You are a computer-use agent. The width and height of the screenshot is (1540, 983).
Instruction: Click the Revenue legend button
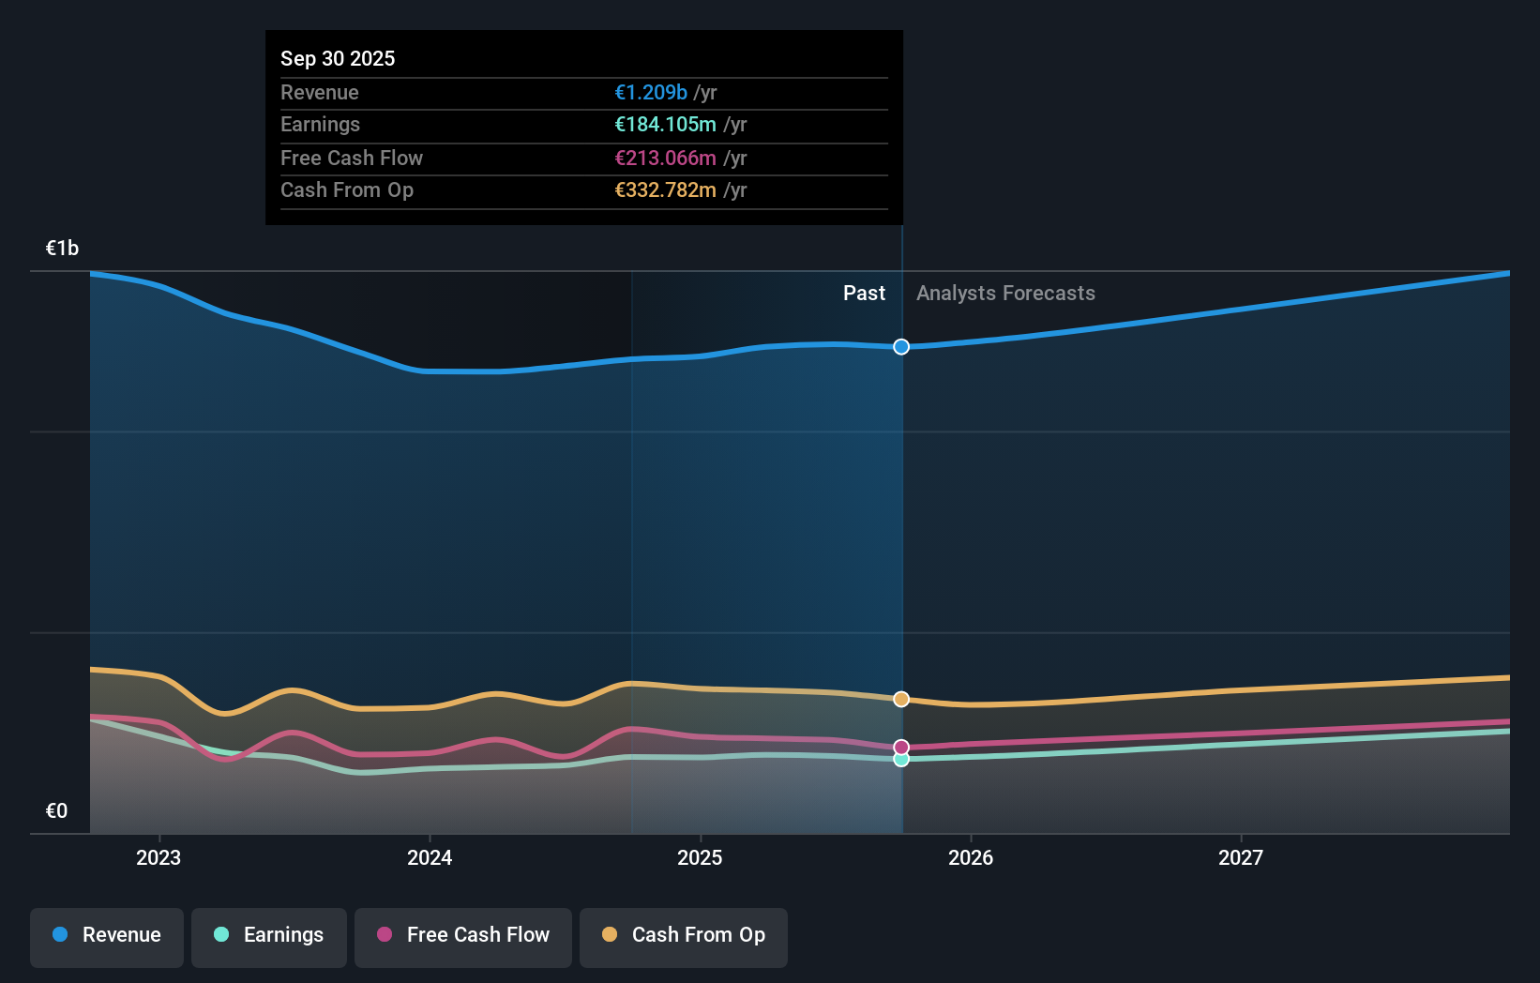107,936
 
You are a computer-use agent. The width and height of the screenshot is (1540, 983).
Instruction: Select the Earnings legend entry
269,936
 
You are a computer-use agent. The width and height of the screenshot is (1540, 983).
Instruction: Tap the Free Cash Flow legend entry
463,936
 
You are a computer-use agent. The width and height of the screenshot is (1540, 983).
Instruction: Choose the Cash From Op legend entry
684,936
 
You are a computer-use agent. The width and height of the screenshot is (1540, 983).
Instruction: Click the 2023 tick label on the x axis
159,858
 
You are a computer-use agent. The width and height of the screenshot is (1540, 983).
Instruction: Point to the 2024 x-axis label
430,858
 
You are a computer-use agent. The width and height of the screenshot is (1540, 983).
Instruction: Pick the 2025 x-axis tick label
700,858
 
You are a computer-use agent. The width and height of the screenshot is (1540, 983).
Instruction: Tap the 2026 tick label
971,858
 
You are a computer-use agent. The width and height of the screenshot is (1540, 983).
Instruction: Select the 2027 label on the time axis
1241,858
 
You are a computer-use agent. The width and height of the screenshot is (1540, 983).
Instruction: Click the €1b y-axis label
62,249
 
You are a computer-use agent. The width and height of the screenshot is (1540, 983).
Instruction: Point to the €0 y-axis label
56,811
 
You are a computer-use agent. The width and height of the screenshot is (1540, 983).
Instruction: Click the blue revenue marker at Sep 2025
901,347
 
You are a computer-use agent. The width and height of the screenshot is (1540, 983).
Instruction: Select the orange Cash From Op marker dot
901,700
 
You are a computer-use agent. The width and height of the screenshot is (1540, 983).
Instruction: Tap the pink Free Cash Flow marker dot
901,748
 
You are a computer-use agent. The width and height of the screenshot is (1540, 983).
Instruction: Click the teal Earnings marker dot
901,760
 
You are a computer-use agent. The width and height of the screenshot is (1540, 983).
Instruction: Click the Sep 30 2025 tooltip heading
338,59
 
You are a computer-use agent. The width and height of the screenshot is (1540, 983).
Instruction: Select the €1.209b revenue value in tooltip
651,93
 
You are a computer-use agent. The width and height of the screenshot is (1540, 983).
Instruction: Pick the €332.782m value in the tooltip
665,190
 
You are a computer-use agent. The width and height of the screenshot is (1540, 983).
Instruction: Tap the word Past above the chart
864,294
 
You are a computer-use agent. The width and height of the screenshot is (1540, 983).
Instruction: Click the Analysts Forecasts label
1005,294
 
